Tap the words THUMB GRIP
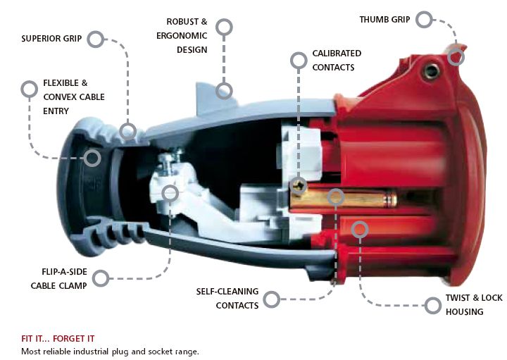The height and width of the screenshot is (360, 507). [384, 19]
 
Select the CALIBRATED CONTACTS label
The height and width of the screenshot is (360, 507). [336, 61]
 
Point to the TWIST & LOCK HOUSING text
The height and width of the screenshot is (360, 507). [473, 305]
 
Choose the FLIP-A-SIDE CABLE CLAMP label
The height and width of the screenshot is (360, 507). [58, 279]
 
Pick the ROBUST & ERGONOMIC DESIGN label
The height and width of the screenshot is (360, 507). [187, 35]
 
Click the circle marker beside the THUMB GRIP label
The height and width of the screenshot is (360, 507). [424, 20]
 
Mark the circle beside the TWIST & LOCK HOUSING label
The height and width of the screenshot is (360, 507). [434, 304]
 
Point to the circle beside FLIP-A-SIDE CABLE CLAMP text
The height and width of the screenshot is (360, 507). [101, 278]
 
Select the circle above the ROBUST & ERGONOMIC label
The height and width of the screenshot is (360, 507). [224, 27]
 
